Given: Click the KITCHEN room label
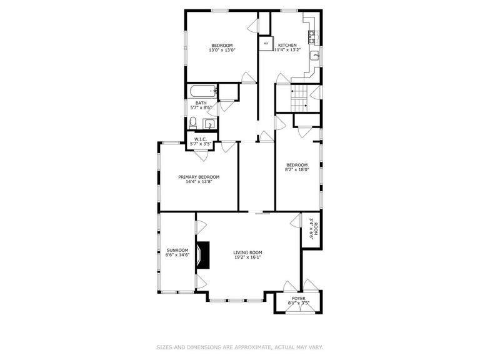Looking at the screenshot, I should [287, 45].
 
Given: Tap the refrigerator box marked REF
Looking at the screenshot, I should [266, 44].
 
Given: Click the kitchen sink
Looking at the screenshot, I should [316, 57].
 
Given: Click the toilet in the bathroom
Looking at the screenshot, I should [194, 122].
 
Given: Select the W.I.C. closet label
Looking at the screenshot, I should [201, 139].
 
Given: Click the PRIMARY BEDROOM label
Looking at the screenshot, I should [199, 177].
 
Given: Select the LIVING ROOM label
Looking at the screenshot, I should [247, 252].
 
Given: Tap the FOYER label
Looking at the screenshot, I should [299, 298].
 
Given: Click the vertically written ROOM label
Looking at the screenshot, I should [316, 228].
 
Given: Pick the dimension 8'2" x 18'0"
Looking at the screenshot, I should [297, 169].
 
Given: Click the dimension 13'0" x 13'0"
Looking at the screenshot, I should [222, 50].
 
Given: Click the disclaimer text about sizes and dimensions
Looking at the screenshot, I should [239, 346].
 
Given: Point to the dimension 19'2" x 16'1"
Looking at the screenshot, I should [247, 257].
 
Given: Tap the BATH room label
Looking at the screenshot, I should [201, 103].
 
